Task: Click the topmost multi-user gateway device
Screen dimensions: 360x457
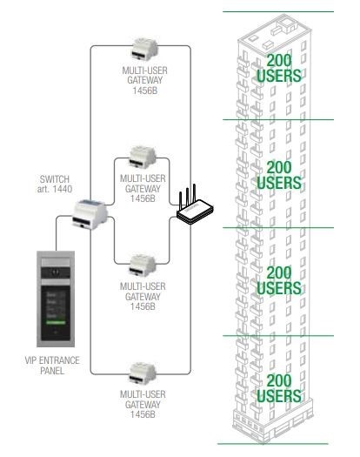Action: [144, 49]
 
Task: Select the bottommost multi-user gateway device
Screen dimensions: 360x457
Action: [143, 374]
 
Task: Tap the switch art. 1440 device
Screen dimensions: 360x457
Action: [90, 214]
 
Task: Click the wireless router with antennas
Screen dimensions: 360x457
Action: [194, 209]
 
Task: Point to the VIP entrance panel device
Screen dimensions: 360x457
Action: [56, 299]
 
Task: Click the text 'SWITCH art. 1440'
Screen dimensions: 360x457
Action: [55, 184]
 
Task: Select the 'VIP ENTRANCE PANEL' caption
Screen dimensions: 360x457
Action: [52, 366]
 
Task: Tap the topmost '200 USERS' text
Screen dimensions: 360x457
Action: [279, 68]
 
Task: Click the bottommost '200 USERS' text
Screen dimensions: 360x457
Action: [279, 388]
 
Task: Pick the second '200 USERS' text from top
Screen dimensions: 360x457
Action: [279, 175]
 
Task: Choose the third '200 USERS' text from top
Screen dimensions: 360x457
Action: [279, 280]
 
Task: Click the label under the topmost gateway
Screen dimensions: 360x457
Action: [144, 80]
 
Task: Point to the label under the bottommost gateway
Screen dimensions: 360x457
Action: [143, 404]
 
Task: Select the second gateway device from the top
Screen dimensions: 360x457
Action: [143, 158]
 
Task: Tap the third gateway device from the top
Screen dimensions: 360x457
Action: [143, 265]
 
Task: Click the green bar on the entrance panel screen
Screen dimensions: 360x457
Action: [56, 322]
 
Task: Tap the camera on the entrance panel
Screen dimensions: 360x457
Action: [56, 272]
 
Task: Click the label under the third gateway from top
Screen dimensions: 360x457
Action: [143, 297]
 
